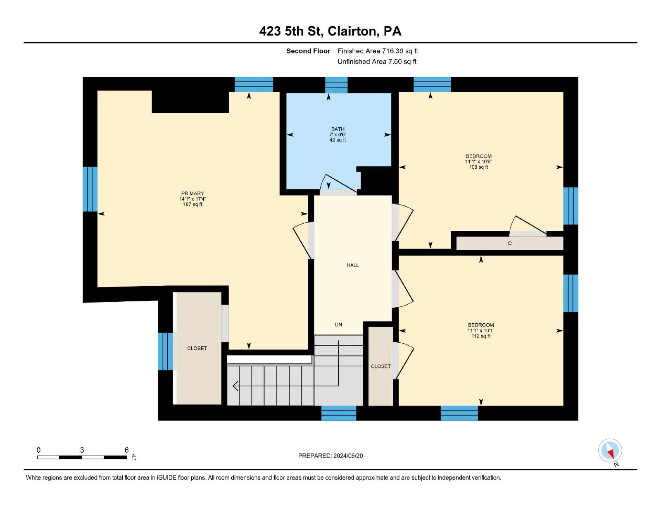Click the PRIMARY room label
click(193, 193)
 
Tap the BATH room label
click(338, 129)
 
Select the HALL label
click(352, 265)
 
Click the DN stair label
click(338, 325)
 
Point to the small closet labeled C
click(509, 243)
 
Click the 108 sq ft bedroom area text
click(478, 167)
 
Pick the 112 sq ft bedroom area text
click(481, 336)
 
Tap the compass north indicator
click(610, 451)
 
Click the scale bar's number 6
click(126, 450)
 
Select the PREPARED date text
click(330, 456)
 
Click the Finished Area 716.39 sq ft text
click(378, 51)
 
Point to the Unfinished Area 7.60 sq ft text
click(377, 62)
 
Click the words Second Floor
click(308, 51)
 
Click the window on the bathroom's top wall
click(336, 85)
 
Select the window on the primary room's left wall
click(90, 189)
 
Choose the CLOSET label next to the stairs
click(380, 366)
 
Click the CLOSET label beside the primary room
click(197, 348)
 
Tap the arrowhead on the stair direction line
click(235, 386)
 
